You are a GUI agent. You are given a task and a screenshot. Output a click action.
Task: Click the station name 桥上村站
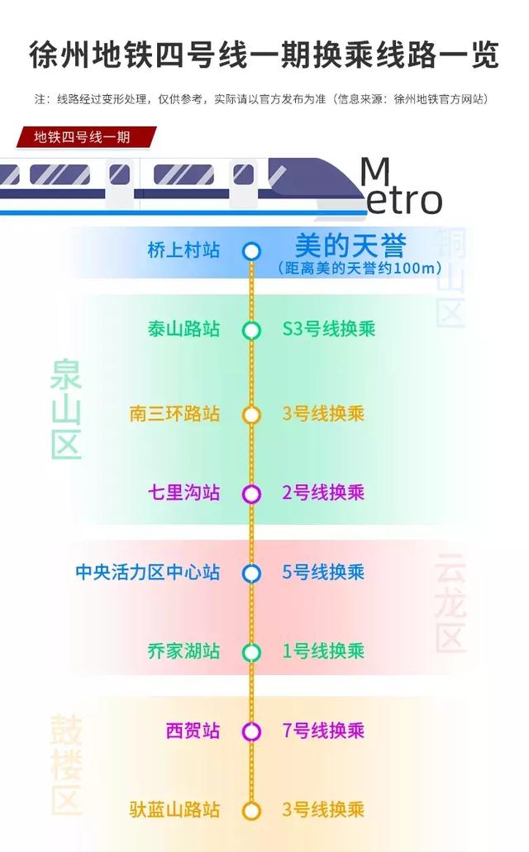183,250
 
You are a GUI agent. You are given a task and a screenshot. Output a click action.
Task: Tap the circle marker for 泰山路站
252,331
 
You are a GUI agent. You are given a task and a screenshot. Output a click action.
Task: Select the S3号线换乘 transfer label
328,329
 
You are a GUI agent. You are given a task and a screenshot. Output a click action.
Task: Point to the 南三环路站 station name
175,413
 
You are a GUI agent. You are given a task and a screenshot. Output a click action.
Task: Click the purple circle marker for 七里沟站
252,494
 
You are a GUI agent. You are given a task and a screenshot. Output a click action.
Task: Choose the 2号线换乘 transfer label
323,493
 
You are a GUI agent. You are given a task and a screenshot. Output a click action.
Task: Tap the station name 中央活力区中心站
148,572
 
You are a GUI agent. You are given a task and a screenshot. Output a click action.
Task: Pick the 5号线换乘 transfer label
323,572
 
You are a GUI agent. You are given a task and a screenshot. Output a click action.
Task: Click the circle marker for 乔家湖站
252,653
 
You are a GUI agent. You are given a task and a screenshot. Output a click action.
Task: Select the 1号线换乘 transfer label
323,651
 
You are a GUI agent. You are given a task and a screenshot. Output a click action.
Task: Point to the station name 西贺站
193,731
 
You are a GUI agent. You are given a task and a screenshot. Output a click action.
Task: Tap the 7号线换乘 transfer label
323,731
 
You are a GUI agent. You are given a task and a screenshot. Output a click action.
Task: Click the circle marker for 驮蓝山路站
252,811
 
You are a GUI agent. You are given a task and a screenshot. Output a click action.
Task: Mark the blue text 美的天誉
350,245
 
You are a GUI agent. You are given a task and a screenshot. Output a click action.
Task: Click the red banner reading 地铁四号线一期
83,137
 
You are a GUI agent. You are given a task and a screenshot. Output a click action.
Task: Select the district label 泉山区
66,409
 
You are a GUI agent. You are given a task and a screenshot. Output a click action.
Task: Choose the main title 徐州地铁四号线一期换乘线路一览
264,55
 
